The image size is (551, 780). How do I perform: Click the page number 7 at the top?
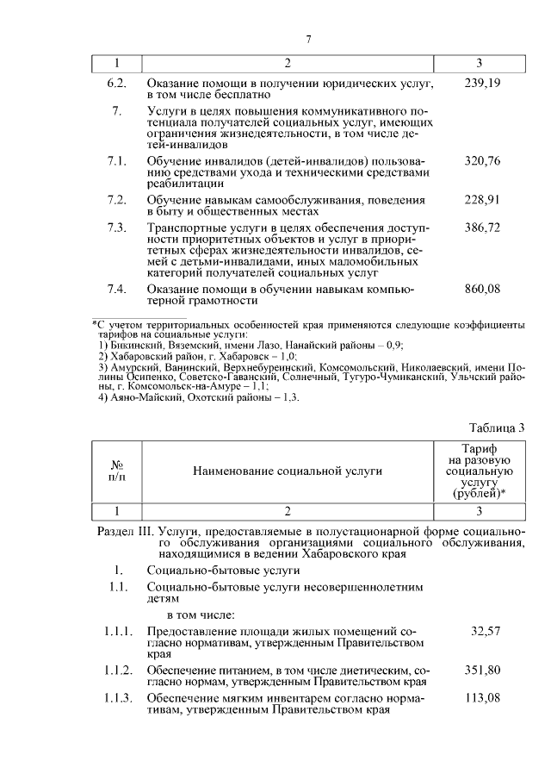coord(307,38)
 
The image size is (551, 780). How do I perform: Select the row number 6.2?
coord(116,83)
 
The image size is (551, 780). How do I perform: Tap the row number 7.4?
coord(116,290)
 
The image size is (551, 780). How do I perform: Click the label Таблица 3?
coord(496,427)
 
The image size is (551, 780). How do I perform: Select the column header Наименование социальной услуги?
coord(288,471)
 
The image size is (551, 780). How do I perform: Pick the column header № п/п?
coord(117,471)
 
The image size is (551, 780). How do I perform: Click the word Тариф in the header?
coord(479,450)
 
